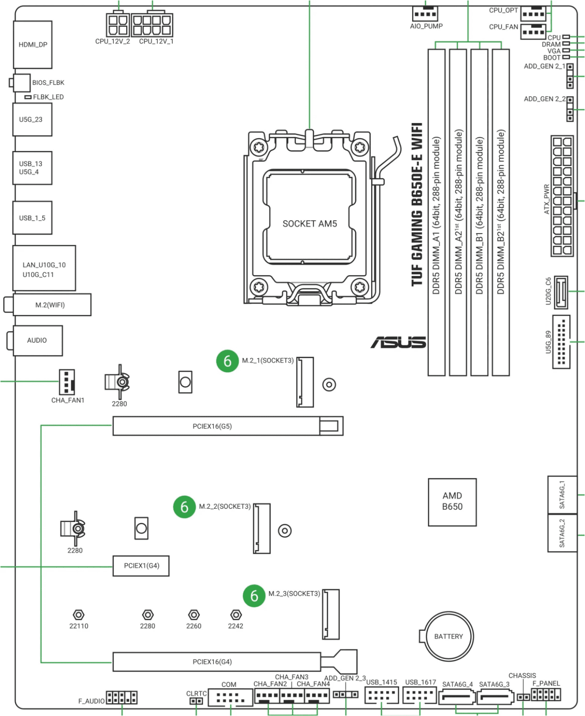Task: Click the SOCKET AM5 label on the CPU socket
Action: pyautogui.click(x=309, y=224)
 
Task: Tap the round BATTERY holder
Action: pyautogui.click(x=449, y=636)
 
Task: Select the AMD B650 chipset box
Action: pyautogui.click(x=452, y=502)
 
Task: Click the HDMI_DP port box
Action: pyautogui.click(x=33, y=45)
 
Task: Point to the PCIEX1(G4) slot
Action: pyautogui.click(x=141, y=566)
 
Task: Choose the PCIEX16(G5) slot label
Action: pyautogui.click(x=212, y=427)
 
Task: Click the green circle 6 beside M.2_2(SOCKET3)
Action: pyautogui.click(x=184, y=507)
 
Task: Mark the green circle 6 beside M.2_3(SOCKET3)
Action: pyautogui.click(x=254, y=596)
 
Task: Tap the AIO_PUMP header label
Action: pyautogui.click(x=426, y=26)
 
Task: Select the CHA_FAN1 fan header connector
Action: pyautogui.click(x=67, y=381)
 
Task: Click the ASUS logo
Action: pyautogui.click(x=398, y=342)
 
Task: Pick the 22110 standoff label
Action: pyautogui.click(x=79, y=626)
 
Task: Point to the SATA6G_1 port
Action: pyautogui.click(x=562, y=494)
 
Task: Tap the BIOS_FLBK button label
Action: pyautogui.click(x=48, y=83)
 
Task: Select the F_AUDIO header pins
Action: pyautogui.click(x=122, y=698)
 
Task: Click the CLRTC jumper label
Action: pyautogui.click(x=196, y=693)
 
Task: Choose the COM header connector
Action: pyautogui.click(x=230, y=698)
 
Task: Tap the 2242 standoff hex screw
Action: pyautogui.click(x=236, y=615)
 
